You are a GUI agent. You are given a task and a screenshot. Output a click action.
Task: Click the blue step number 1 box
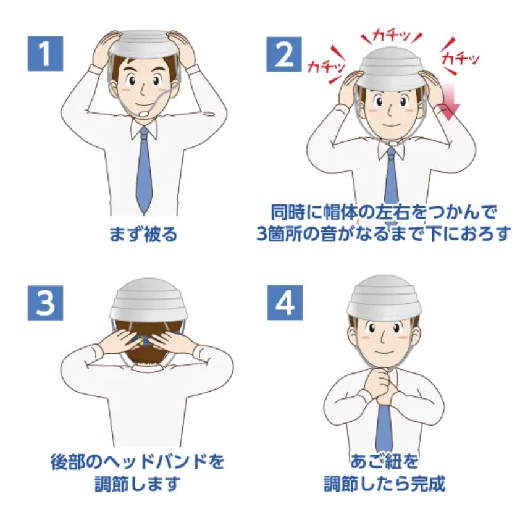[x=45, y=54]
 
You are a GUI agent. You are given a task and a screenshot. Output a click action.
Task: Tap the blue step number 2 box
[x=284, y=54]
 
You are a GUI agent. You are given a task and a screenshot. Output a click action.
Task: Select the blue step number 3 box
[x=45, y=303]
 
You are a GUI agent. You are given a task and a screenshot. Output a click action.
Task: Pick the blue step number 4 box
[x=285, y=303]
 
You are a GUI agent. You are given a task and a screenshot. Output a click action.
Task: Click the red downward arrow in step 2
[x=448, y=101]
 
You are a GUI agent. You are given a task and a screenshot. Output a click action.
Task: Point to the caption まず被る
[x=143, y=234]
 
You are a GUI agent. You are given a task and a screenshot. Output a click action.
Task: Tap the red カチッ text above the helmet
[x=392, y=35]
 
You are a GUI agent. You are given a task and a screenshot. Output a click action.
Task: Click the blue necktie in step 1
[x=145, y=170]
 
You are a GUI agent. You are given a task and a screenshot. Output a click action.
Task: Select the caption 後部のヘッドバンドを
[x=138, y=461]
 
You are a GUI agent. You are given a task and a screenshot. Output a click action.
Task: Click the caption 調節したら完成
[x=384, y=484]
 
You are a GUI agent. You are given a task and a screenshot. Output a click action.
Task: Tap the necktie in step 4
[x=384, y=427]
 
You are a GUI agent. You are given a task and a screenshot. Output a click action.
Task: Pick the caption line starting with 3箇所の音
[x=384, y=234]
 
